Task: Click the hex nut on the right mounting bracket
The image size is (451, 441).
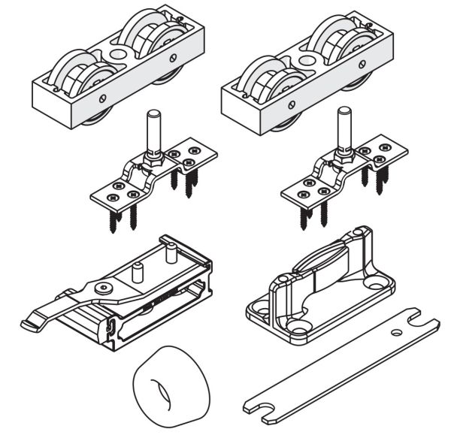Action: coord(344,154)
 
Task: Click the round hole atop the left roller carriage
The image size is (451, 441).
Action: coord(119,54)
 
